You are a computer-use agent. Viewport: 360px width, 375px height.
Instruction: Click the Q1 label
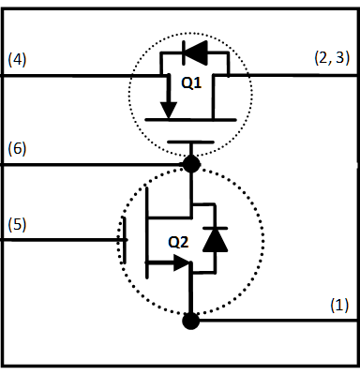(x=190, y=82)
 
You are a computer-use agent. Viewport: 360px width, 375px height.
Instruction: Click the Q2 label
(x=178, y=241)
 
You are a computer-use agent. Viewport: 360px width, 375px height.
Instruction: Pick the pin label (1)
(x=338, y=305)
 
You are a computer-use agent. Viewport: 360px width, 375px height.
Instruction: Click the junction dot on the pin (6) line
(x=191, y=165)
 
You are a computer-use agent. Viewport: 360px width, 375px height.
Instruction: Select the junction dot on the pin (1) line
(x=191, y=322)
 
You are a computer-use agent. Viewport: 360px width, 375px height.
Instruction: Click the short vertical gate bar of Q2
(x=123, y=239)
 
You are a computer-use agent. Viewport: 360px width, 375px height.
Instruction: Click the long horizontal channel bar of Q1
(x=191, y=120)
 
